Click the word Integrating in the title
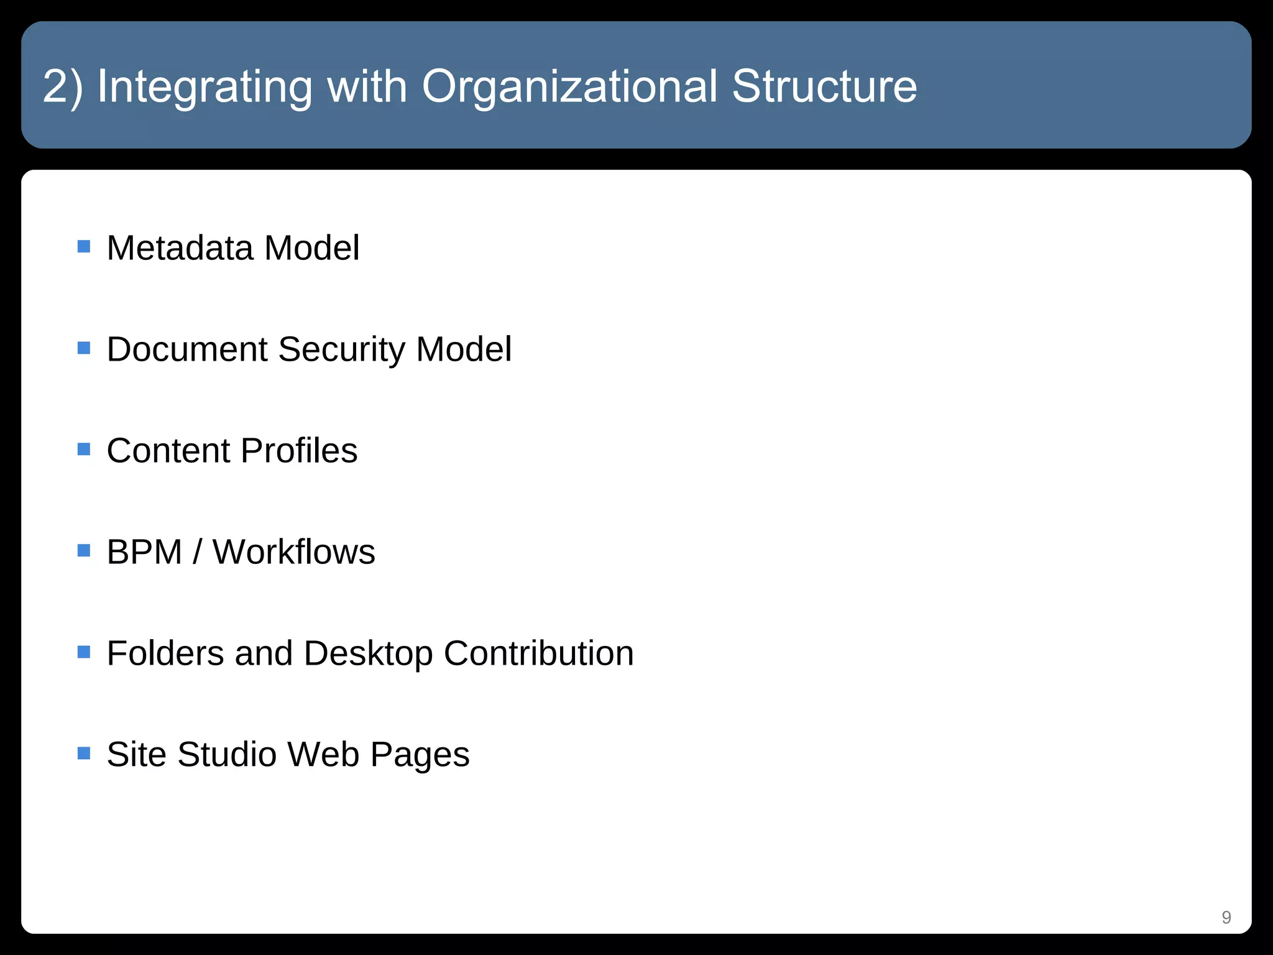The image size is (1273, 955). [x=205, y=86]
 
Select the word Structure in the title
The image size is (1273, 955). [x=824, y=86]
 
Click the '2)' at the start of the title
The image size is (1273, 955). [x=63, y=86]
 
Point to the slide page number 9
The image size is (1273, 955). [x=1226, y=917]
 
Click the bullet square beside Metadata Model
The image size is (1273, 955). [x=84, y=247]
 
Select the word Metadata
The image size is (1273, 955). [x=180, y=248]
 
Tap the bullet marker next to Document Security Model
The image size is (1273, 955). [x=84, y=348]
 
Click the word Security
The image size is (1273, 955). [x=341, y=349]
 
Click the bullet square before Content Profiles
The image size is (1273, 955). [x=84, y=449]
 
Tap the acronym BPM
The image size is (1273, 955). [x=144, y=552]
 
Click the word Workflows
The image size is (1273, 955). [x=294, y=552]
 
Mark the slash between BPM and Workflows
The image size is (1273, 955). [x=198, y=552]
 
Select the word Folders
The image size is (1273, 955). [x=165, y=653]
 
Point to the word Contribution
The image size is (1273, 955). [x=538, y=653]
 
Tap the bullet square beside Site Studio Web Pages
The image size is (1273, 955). [x=84, y=753]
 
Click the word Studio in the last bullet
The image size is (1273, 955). [x=226, y=755]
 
